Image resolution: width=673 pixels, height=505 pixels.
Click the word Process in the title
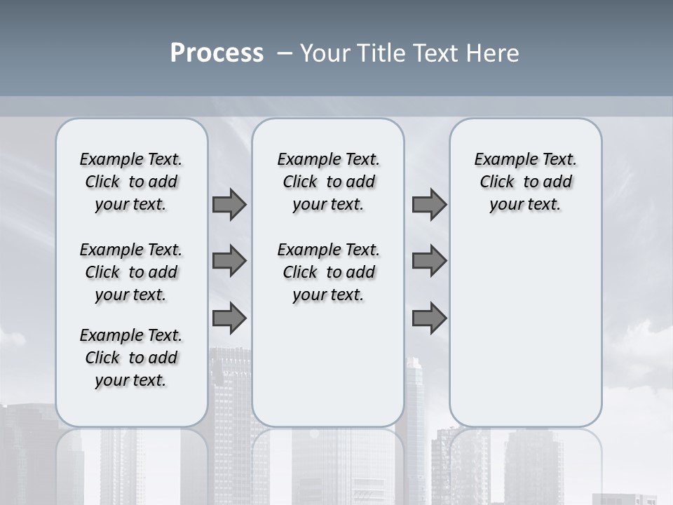click(217, 53)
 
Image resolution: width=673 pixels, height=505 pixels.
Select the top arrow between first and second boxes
click(229, 204)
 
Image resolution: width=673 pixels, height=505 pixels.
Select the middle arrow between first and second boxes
click(229, 261)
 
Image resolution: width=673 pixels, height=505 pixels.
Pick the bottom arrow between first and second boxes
click(229, 318)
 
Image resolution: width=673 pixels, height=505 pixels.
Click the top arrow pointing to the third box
click(429, 204)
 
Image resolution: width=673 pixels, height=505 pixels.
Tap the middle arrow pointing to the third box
click(429, 261)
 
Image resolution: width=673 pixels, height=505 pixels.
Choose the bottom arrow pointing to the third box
click(429, 318)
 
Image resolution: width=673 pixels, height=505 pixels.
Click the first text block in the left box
click(131, 182)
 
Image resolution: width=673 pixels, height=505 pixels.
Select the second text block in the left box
click(131, 272)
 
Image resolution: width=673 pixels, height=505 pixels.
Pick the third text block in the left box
click(131, 358)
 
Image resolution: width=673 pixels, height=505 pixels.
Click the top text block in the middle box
click(328, 182)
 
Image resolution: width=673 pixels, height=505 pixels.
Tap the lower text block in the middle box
click(328, 272)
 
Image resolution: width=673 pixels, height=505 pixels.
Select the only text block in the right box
click(525, 182)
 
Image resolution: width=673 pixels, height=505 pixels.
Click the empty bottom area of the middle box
click(328, 372)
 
